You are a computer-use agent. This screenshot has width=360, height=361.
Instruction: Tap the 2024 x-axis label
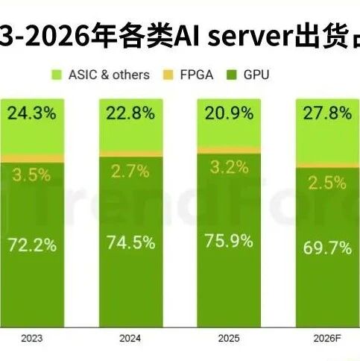click(x=130, y=338)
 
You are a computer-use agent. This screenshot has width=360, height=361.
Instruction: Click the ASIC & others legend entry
click(x=100, y=75)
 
